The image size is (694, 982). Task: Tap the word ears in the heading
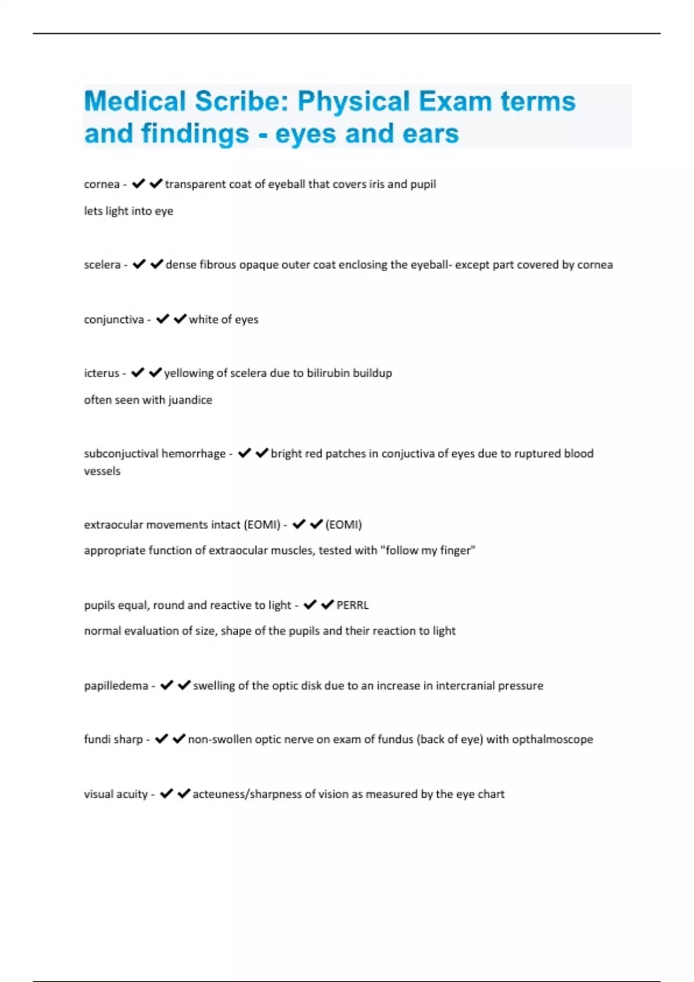point(430,133)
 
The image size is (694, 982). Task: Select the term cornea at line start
point(102,184)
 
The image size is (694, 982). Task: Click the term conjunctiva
point(114,319)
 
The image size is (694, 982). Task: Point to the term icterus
point(102,373)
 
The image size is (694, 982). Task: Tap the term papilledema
point(116,686)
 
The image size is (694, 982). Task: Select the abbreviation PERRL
point(353,605)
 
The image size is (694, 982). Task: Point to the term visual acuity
point(116,794)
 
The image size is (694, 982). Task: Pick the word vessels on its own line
point(102,471)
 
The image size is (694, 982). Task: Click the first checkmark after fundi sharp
point(162,739)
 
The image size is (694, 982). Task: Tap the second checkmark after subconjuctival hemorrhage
point(262,453)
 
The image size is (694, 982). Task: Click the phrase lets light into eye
point(128,211)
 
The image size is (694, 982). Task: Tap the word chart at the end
point(491,794)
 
